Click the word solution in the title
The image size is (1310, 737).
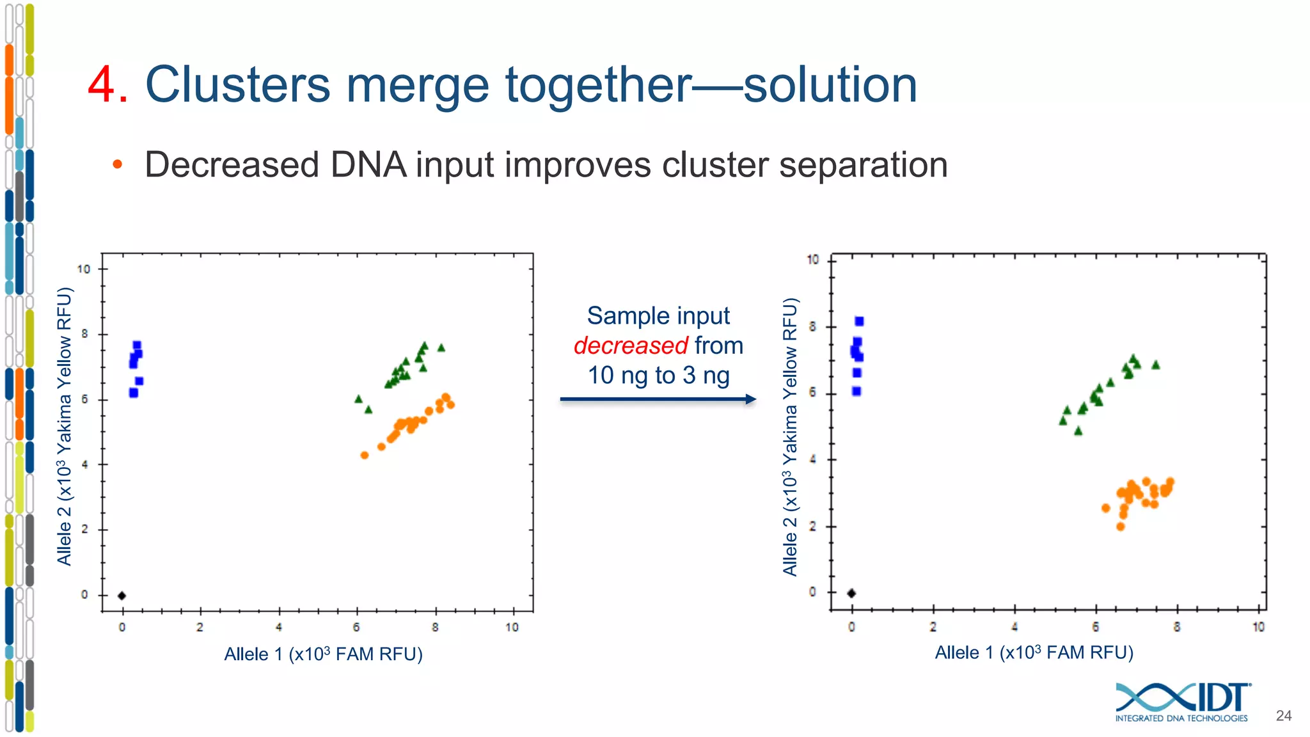tap(830, 85)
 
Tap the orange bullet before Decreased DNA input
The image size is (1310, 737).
tap(117, 164)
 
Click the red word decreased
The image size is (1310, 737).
tap(630, 345)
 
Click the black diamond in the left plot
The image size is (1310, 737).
tap(122, 596)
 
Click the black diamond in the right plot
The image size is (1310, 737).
tap(851, 593)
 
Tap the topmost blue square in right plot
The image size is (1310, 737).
tap(859, 321)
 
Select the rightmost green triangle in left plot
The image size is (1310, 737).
tap(441, 348)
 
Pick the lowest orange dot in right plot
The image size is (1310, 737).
tap(1120, 527)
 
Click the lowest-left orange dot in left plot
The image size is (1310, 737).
tap(365, 455)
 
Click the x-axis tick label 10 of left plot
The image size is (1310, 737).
tap(512, 628)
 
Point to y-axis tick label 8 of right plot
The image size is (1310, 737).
tap(812, 327)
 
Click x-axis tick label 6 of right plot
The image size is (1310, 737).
tap(1096, 627)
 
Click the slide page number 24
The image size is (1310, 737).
tap(1283, 716)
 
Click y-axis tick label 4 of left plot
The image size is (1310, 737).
tap(84, 464)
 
